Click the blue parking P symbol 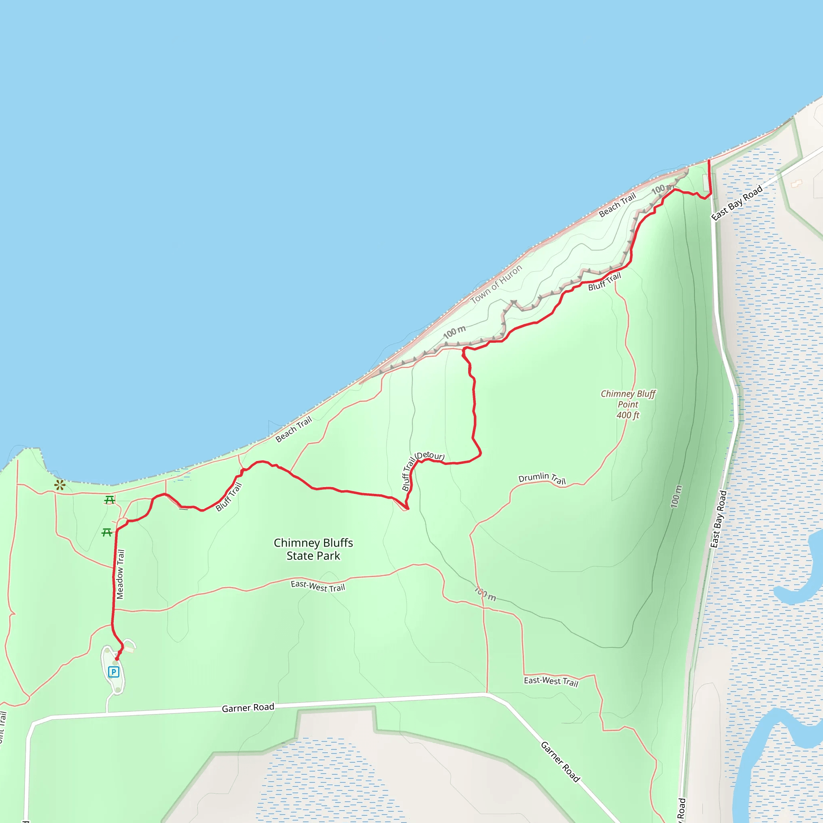coord(113,672)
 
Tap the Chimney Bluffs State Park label coord(313,549)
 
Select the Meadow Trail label coord(121,574)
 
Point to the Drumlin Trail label coord(542,478)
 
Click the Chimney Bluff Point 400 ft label coord(628,404)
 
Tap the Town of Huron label coord(496,284)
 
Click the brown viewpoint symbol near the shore coord(59,485)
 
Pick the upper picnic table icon coord(109,500)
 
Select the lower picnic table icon coord(107,532)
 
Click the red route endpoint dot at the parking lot coord(117,659)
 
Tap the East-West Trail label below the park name coord(318,586)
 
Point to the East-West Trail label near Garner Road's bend coord(551,682)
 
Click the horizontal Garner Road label coord(248,708)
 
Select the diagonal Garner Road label coord(560,762)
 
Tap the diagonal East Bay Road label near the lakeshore coord(737,203)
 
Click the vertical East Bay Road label coord(719,519)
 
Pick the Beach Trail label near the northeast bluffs coord(617,205)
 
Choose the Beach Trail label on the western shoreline coord(293,429)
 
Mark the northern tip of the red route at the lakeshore coord(709,161)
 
